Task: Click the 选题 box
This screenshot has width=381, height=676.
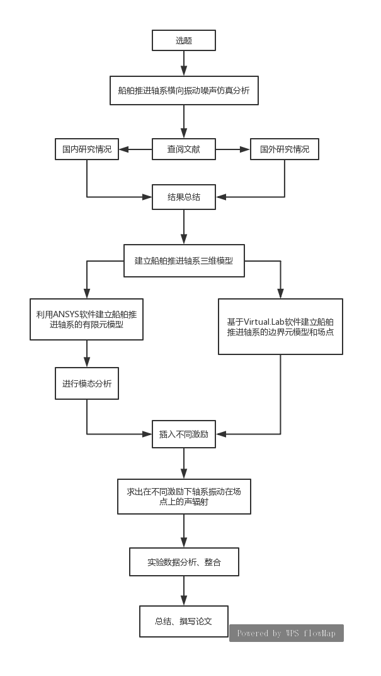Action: [x=184, y=41]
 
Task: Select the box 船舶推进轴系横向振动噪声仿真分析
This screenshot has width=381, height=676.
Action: [x=184, y=90]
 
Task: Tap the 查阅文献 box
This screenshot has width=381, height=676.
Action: [x=184, y=149]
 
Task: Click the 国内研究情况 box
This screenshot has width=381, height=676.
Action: [x=87, y=149]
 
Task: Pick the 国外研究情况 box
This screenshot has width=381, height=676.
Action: [x=285, y=149]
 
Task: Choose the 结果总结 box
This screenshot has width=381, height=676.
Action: [x=184, y=197]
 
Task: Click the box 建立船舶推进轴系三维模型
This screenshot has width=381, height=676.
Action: [x=184, y=260]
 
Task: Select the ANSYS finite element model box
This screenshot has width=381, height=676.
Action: [x=87, y=319]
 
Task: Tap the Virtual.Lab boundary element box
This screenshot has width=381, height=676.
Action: [x=281, y=326]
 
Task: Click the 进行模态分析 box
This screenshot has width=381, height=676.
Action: [x=87, y=383]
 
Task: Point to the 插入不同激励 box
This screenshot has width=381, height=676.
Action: [x=184, y=434]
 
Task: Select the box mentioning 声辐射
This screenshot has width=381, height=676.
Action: [x=184, y=496]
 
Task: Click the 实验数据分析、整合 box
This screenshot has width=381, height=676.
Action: [x=184, y=562]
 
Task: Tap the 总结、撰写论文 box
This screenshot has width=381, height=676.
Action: [x=184, y=621]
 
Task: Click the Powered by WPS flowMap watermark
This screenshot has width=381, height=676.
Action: [x=286, y=633]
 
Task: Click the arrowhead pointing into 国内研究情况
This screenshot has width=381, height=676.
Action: [x=123, y=149]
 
